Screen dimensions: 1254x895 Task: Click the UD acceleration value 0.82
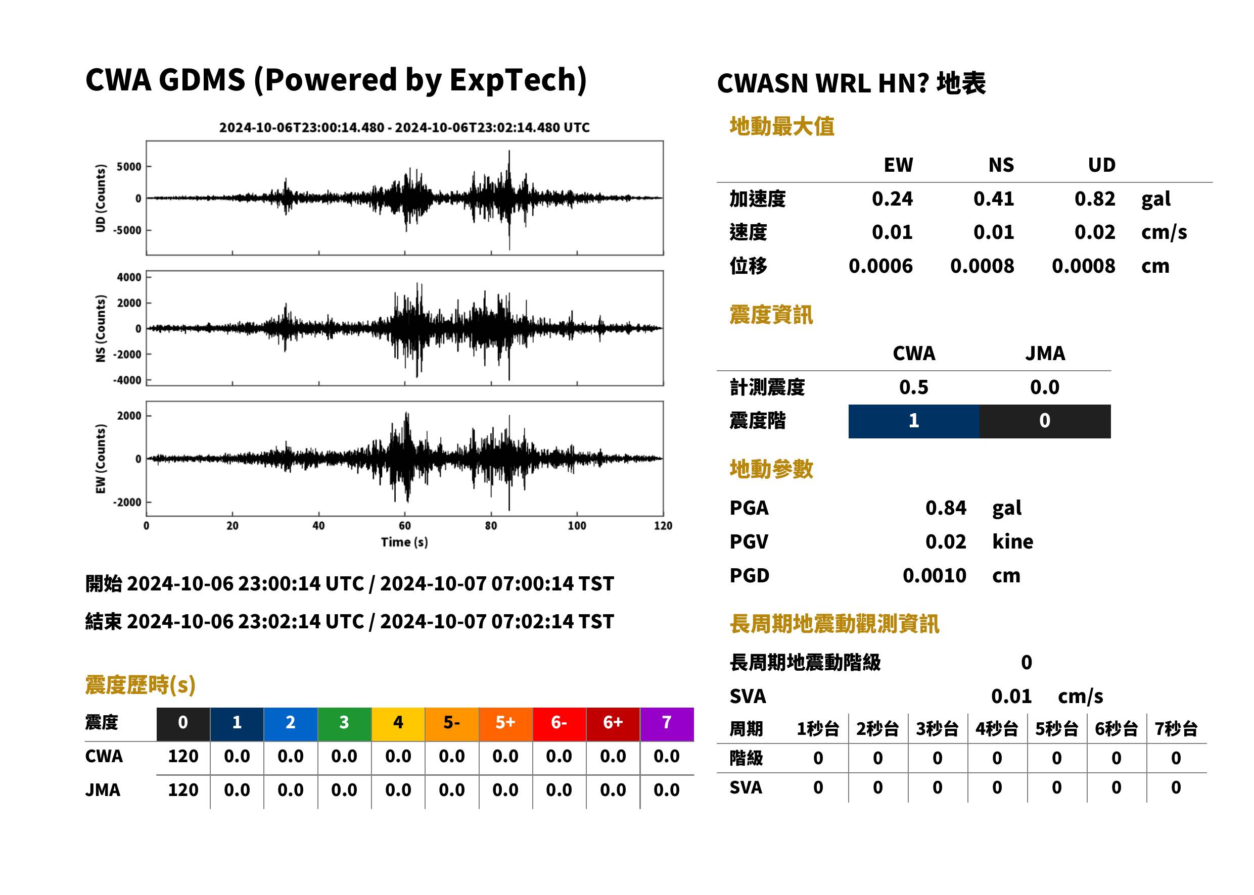click(1095, 199)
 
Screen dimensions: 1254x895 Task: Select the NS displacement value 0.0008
click(982, 266)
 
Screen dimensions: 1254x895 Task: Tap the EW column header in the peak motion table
click(898, 165)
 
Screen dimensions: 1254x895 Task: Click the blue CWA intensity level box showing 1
click(914, 421)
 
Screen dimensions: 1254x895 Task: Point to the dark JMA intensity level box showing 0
click(1045, 421)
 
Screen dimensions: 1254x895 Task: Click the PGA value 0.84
click(946, 508)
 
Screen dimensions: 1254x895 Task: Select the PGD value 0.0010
click(934, 575)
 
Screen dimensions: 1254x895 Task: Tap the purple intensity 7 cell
click(667, 724)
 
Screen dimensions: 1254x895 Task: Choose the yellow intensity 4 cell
click(398, 724)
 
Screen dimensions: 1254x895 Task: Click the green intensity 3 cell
click(344, 724)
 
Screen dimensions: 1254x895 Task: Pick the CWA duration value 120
click(183, 756)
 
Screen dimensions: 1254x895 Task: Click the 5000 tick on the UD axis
click(129, 167)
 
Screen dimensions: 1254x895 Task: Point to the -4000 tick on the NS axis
click(127, 380)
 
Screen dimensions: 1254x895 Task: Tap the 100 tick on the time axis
click(577, 526)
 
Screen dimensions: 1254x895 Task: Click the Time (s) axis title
click(404, 542)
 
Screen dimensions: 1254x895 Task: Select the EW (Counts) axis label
click(101, 459)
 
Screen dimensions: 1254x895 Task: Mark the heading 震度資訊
click(771, 315)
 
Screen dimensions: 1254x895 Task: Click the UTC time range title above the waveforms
click(404, 127)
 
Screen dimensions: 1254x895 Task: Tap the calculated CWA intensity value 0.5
click(914, 387)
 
